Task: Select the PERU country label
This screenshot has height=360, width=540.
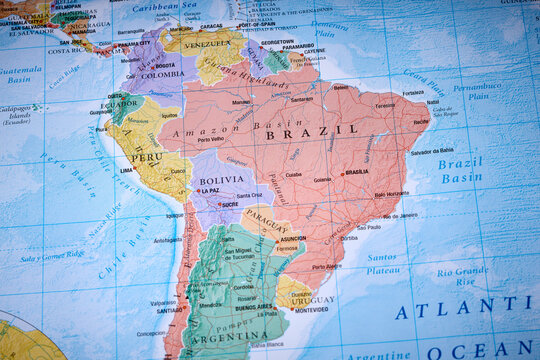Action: pyautogui.click(x=146, y=157)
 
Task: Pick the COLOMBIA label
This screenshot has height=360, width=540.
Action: pyautogui.click(x=162, y=74)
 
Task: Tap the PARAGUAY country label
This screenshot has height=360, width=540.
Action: pyautogui.click(x=266, y=220)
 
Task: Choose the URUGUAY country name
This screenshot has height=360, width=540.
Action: pyautogui.click(x=314, y=299)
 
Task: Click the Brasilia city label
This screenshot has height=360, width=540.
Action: pyautogui.click(x=357, y=172)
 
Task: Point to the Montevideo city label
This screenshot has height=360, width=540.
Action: pyautogui.click(x=311, y=310)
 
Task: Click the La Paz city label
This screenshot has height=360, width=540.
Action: pyautogui.click(x=209, y=190)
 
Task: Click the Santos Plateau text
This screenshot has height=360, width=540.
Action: pyautogui.click(x=381, y=262)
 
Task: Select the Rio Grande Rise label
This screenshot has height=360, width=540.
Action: pyautogui.click(x=462, y=276)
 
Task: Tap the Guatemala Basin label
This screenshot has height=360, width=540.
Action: pyautogui.click(x=20, y=74)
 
